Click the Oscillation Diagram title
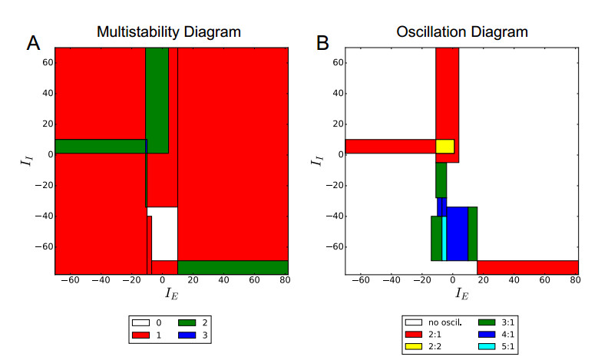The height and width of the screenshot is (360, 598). tap(461, 33)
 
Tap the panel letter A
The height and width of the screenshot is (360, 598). tap(33, 44)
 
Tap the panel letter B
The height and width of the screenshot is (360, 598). tap(323, 44)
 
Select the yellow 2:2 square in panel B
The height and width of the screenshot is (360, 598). tap(444, 146)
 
